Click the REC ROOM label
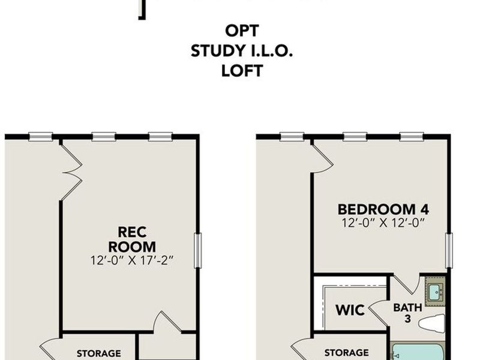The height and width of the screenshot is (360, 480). pyautogui.click(x=137, y=239)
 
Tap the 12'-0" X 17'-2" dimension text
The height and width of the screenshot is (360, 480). pyautogui.click(x=137, y=261)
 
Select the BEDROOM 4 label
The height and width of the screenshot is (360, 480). pyautogui.click(x=383, y=210)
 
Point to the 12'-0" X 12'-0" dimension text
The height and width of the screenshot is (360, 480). pyautogui.click(x=383, y=223)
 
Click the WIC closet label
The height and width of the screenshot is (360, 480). pyautogui.click(x=350, y=310)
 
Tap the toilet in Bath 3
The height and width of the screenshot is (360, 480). pyautogui.click(x=432, y=323)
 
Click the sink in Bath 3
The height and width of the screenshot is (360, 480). pyautogui.click(x=434, y=292)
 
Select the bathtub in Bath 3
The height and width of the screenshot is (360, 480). pyautogui.click(x=418, y=351)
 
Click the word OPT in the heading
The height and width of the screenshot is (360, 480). pyautogui.click(x=242, y=31)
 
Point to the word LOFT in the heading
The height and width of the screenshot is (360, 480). pyautogui.click(x=242, y=70)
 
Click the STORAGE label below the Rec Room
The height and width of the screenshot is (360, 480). pyautogui.click(x=99, y=353)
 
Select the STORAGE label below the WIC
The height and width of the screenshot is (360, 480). pyautogui.click(x=346, y=352)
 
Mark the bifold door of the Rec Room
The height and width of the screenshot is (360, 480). pyautogui.click(x=71, y=172)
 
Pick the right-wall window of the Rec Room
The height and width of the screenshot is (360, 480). pyautogui.click(x=197, y=251)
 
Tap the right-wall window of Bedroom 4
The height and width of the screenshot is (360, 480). pyautogui.click(x=448, y=251)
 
